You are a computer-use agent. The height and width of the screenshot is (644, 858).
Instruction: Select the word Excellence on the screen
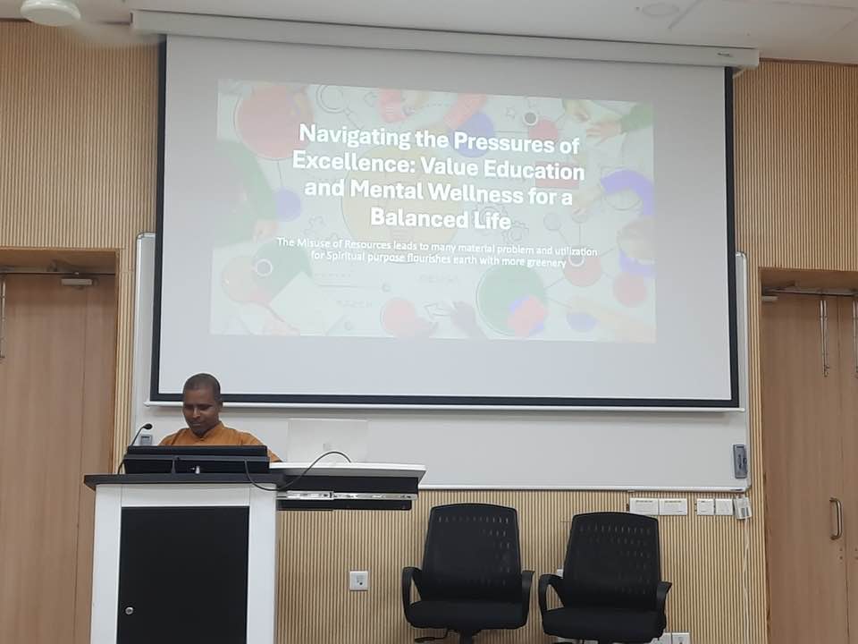point(350,161)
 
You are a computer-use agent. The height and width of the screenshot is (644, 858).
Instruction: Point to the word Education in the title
point(534,170)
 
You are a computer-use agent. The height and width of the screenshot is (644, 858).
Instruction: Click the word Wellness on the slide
point(475,192)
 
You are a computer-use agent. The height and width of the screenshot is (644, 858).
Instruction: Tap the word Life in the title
point(492,220)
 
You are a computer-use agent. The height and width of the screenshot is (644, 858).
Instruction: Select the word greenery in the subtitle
point(546,262)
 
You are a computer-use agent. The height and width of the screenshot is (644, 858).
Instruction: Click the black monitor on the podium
point(197,459)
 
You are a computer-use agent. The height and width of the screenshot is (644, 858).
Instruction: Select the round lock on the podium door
point(128,610)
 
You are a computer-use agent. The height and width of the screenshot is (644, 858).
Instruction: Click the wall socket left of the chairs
point(358,580)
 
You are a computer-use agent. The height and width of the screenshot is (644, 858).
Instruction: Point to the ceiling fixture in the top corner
point(50,11)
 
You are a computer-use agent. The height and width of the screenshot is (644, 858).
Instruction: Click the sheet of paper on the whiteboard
point(328,440)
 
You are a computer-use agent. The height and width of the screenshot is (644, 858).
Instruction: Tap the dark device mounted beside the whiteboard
point(740,462)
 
